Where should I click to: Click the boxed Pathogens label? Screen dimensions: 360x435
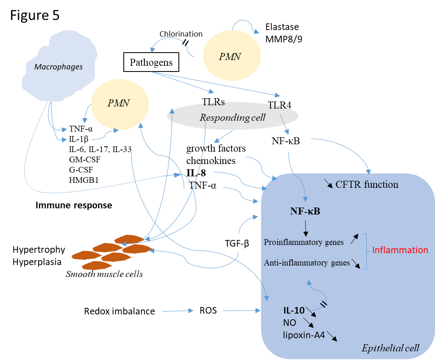click(x=151, y=62)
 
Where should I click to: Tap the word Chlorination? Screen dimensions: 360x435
click(x=181, y=34)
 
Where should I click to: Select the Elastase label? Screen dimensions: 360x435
click(x=282, y=28)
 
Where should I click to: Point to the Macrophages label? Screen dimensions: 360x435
click(x=58, y=67)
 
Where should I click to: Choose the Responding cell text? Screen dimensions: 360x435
click(x=233, y=118)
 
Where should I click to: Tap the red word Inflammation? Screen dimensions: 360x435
click(x=400, y=250)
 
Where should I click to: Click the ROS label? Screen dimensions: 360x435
click(x=208, y=311)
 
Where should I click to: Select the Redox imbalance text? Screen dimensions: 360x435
click(x=120, y=311)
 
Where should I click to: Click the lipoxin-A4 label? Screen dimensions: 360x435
click(x=304, y=335)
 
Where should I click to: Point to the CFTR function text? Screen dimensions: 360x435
click(x=367, y=185)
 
